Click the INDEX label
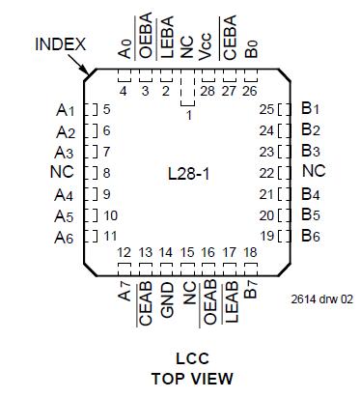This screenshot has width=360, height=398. click(x=61, y=45)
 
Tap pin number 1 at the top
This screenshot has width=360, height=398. click(x=188, y=116)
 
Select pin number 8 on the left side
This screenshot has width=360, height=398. click(x=107, y=173)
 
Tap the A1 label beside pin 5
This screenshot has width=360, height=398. click(x=65, y=110)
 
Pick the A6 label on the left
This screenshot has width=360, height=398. click(x=65, y=237)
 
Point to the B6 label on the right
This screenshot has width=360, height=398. click(x=310, y=236)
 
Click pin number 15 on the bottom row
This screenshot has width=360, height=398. click(x=187, y=253)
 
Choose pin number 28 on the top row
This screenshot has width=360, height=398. click(x=208, y=91)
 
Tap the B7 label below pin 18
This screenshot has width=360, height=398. click(x=249, y=287)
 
